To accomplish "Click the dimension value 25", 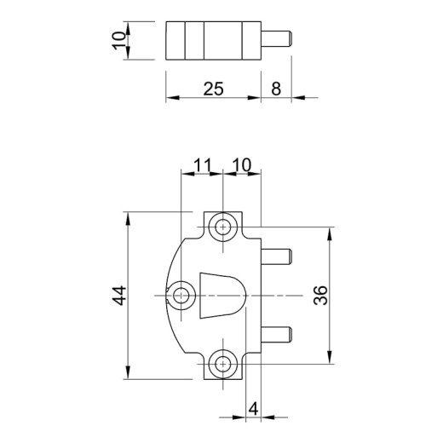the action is [x=214, y=89].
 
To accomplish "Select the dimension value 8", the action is [x=276, y=89].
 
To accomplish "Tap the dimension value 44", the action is [x=119, y=296].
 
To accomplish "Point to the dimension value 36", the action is [x=320, y=296].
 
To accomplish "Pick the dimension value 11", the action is [x=203, y=165].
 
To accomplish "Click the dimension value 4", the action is [x=253, y=409].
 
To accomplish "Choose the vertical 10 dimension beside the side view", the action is [x=119, y=41].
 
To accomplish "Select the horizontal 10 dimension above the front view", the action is [x=242, y=165].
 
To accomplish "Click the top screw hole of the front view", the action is [x=223, y=227].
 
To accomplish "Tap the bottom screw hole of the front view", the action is [x=223, y=364].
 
